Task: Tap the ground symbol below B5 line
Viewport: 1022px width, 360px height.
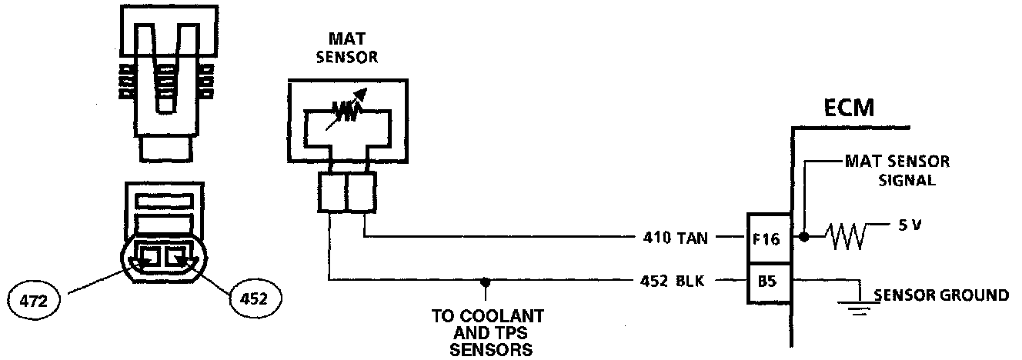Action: coord(857,307)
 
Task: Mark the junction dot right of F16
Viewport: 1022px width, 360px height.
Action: coord(805,238)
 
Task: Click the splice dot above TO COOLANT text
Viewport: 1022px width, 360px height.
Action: coord(484,281)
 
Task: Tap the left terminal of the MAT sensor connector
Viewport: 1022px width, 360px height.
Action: coord(331,192)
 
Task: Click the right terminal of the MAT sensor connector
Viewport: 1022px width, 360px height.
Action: coord(360,192)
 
